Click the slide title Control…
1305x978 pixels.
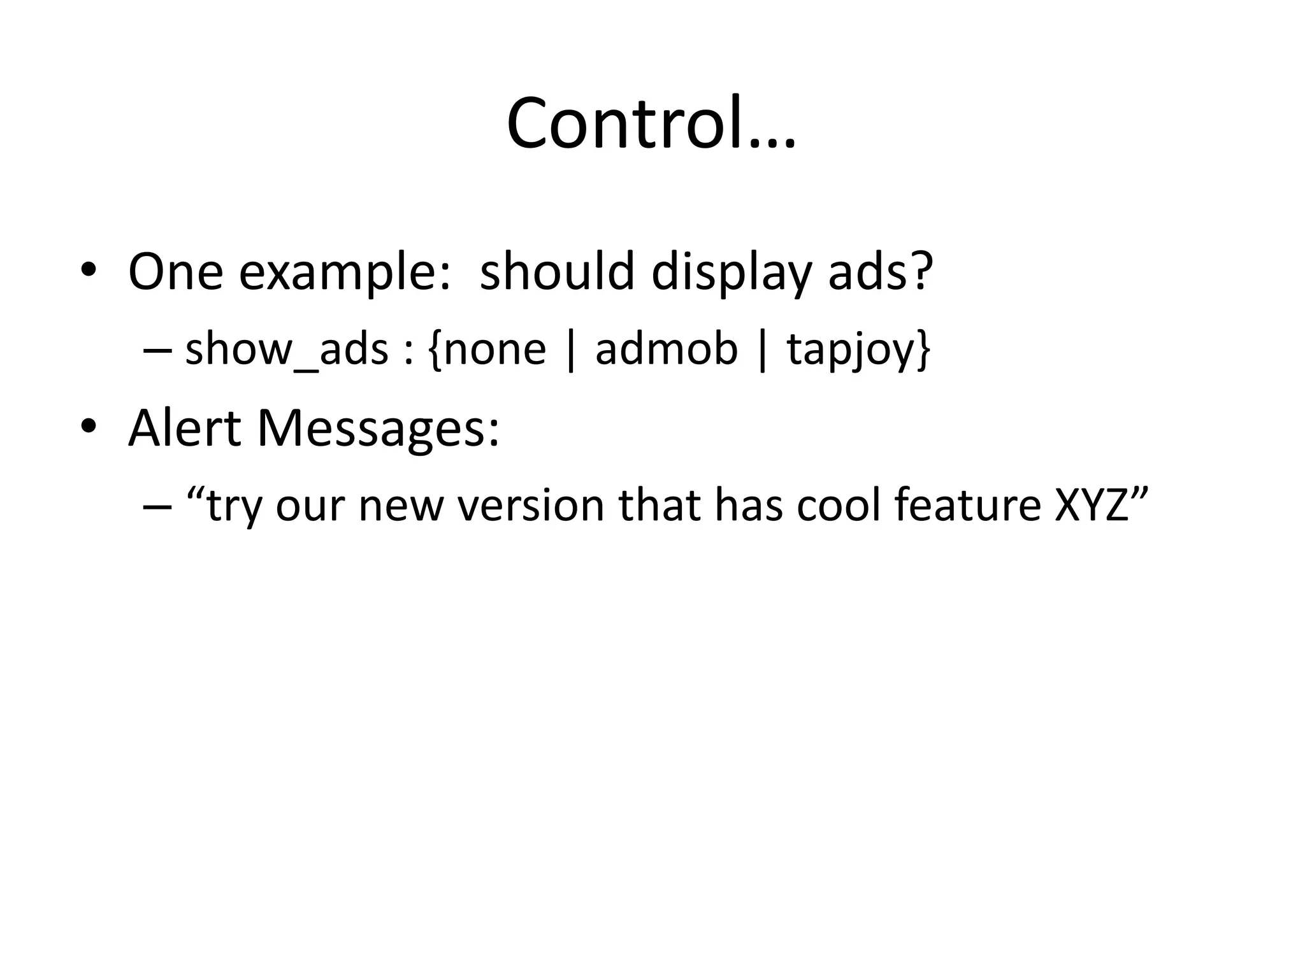click(x=651, y=123)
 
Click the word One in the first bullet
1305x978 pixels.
click(x=176, y=272)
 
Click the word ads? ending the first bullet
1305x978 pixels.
click(x=880, y=272)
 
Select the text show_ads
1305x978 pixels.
click(x=287, y=350)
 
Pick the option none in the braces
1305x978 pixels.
click(x=495, y=350)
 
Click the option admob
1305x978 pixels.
click(x=666, y=350)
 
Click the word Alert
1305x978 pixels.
click(x=185, y=428)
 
